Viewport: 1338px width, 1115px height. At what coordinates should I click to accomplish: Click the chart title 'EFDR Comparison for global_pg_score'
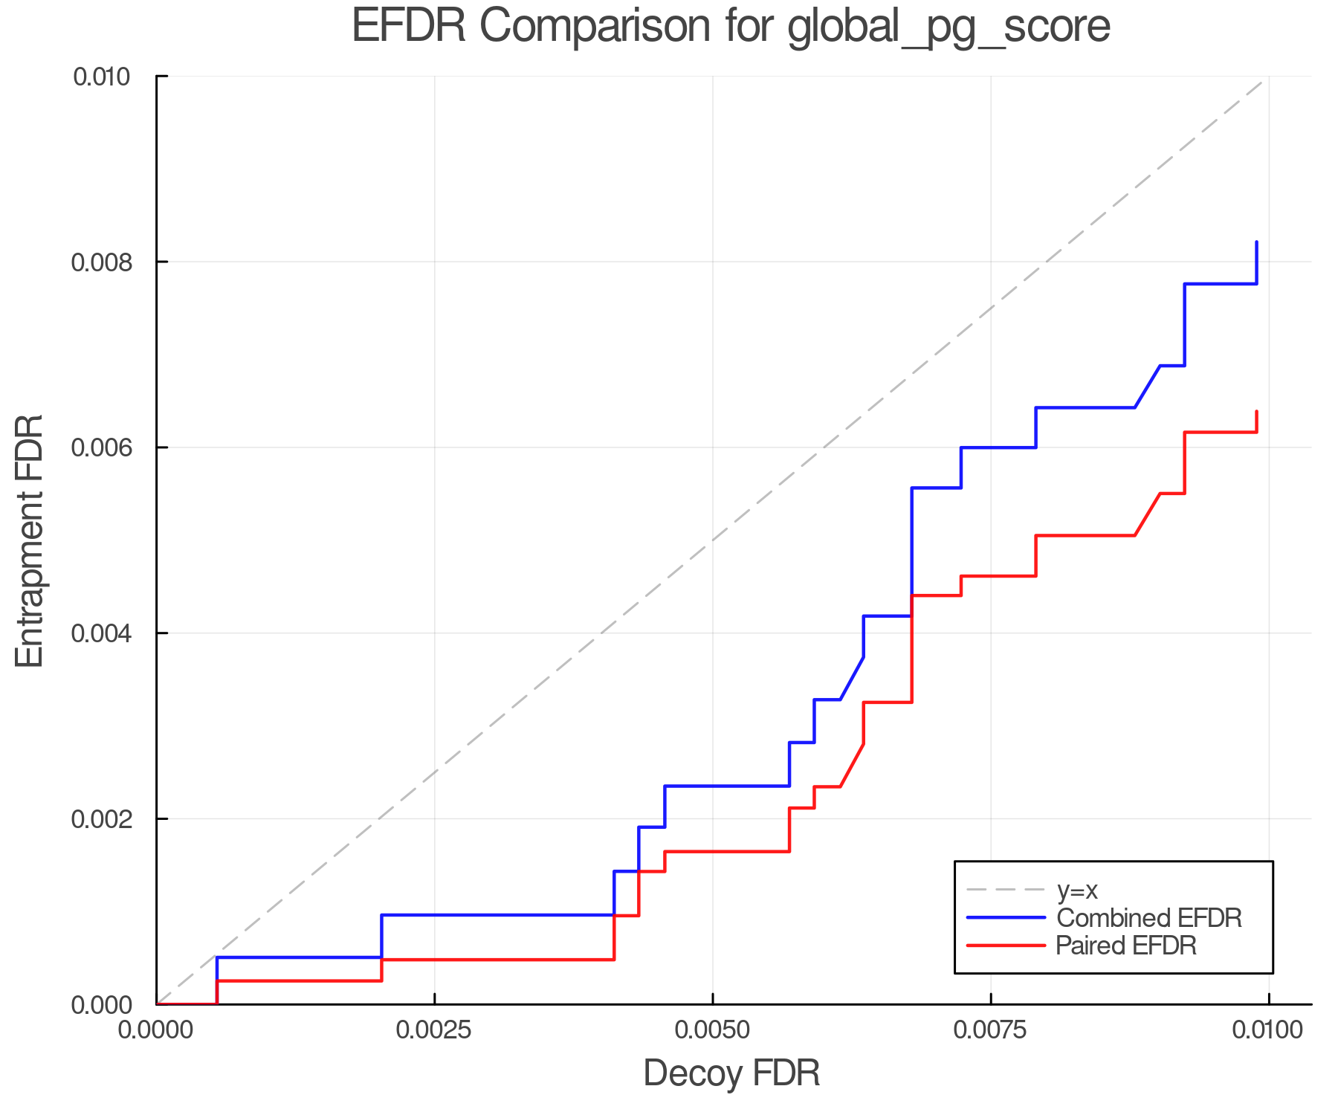tap(731, 27)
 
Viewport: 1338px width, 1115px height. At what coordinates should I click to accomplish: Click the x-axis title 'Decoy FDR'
tap(731, 1073)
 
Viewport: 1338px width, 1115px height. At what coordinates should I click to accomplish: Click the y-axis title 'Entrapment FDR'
tap(30, 540)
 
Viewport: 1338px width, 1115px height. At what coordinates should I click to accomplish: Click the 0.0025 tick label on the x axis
tap(434, 1030)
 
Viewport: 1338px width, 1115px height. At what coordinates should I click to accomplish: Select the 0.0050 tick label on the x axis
tap(713, 1030)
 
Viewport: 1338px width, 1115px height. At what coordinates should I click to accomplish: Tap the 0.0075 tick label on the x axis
tap(991, 1030)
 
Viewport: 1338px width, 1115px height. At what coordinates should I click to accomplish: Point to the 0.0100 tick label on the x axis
tap(1268, 1030)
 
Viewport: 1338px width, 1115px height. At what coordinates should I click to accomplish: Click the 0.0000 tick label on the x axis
tap(156, 1030)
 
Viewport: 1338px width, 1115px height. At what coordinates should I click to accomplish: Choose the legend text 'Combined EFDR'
tap(1149, 918)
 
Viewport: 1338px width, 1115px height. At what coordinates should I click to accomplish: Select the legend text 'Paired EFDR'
tap(1126, 946)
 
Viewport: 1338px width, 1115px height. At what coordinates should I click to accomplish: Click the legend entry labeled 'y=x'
tap(1077, 890)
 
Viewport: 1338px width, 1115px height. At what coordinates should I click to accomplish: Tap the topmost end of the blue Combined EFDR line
tap(1256, 242)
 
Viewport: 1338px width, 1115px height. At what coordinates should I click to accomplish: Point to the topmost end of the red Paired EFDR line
tap(1256, 412)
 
